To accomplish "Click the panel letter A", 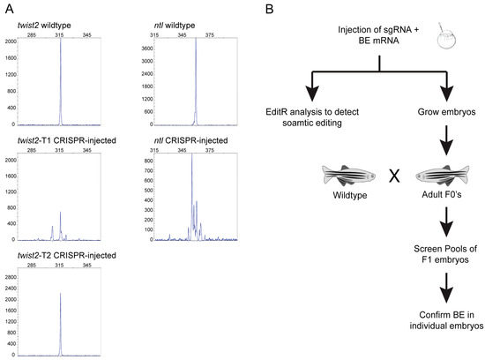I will tap(8, 9).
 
